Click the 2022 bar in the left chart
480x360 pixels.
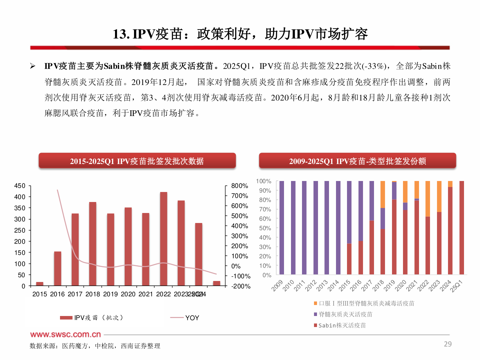click(x=163, y=239)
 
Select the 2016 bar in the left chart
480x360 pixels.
click(x=57, y=269)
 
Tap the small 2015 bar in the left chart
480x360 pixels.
click(x=40, y=284)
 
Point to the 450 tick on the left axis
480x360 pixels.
click(x=20, y=186)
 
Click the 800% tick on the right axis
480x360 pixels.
click(x=239, y=186)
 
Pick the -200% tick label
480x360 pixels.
click(x=241, y=286)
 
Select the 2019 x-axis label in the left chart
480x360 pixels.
click(x=110, y=294)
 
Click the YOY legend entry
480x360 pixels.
click(x=192, y=318)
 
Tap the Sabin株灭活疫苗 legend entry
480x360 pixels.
click(x=342, y=325)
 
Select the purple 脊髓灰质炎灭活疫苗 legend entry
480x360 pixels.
click(x=345, y=314)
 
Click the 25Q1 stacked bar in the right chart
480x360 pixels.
click(x=462, y=228)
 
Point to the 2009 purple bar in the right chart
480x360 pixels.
click(x=282, y=228)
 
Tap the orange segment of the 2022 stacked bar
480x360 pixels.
click(x=428, y=199)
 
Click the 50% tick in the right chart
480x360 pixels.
click(x=265, y=228)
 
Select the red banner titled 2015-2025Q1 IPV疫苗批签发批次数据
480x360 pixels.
click(x=137, y=161)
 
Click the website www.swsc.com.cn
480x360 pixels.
click(x=65, y=334)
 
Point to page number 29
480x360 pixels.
click(x=448, y=344)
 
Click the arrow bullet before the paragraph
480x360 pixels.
click(x=33, y=66)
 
